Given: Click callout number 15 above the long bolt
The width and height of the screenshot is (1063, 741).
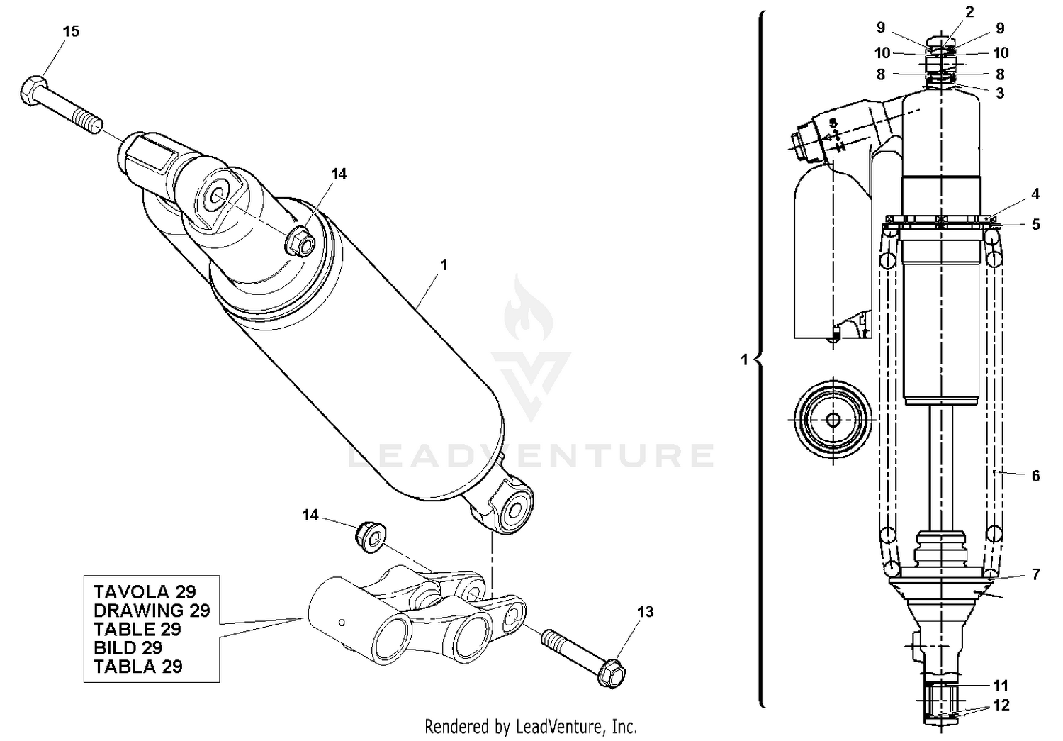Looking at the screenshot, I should [x=71, y=31].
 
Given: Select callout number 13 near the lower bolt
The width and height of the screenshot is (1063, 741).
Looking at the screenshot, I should [x=645, y=612].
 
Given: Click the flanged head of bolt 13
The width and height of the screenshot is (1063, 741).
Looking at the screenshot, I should [x=612, y=672].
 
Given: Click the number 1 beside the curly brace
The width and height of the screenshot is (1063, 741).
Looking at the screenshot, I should [x=744, y=360].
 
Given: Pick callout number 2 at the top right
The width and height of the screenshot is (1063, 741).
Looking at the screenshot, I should [x=969, y=12].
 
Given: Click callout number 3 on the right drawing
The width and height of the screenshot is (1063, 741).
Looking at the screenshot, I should [x=1000, y=93].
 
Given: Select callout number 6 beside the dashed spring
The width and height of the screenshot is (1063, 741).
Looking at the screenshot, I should [x=1035, y=476].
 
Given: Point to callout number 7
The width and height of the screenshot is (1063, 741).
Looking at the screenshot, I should [x=1035, y=574].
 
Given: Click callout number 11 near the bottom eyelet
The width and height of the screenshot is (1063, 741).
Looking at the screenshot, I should [x=1000, y=686].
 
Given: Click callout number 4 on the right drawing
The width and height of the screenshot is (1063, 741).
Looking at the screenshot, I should [x=1035, y=194].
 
